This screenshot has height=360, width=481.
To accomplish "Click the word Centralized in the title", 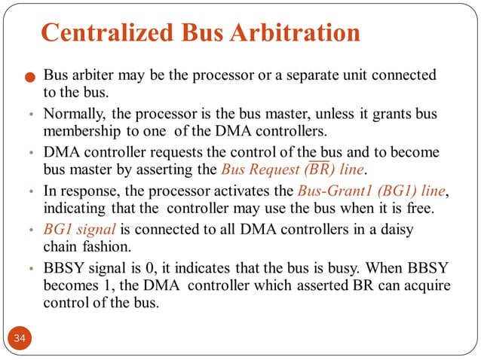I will point(100,33).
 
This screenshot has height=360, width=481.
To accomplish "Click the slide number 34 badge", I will point(20,340).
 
